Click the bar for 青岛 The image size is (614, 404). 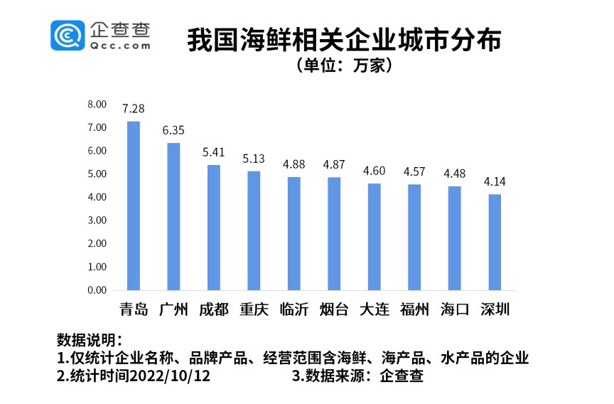pos(133,206)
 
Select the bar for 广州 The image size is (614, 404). pos(173,217)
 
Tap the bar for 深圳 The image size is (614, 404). pos(495,243)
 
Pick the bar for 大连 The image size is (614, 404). pos(374,237)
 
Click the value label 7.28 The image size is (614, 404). pos(133,109)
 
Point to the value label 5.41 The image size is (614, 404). pos(213,152)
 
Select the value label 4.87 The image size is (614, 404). pos(334,164)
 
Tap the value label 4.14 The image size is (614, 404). pos(495,181)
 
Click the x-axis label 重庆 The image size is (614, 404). pos(254,309)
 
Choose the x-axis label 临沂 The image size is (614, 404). pos(293,309)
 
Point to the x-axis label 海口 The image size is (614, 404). pos(454,309)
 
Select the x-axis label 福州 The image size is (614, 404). pos(414,309)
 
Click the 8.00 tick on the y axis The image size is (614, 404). pos(97,105)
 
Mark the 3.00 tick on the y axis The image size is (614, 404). pos(97,220)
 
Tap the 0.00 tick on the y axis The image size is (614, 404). pos(97,290)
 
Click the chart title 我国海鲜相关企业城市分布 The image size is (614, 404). pos(344,40)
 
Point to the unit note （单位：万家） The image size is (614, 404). pos(344,66)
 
